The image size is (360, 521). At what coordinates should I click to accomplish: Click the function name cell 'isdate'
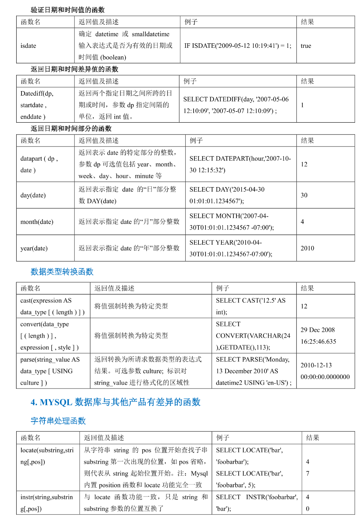pos(28,46)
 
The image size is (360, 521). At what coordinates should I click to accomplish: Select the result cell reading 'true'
pos(306,46)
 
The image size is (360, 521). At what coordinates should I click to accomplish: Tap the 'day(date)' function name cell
pos(33,195)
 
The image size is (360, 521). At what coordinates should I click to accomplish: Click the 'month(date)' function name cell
pos(37,222)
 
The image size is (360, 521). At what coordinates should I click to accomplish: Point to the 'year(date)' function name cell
pos(34,248)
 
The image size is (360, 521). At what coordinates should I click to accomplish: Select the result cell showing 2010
pos(307,248)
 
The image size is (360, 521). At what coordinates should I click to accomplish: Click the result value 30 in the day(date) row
pos(304,195)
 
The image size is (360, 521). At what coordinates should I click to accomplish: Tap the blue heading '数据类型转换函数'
pos(62,272)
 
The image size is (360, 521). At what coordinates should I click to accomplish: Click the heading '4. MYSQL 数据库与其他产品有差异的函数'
pos(115,402)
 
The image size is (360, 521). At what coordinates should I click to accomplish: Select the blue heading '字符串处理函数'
pos(58,421)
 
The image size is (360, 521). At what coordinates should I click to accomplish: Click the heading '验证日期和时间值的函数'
pos(67,10)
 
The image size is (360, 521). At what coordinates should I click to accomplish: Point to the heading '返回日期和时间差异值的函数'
pos(74,69)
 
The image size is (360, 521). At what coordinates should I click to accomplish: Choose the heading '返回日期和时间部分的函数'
pos(71,129)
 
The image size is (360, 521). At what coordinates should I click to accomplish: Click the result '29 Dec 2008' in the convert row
pos(317,330)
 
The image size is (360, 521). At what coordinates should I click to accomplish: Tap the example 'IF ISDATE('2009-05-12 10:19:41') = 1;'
pos(238,46)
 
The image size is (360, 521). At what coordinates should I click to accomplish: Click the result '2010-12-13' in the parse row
pos(316,366)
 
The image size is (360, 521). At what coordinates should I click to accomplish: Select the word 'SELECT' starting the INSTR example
pos(228,497)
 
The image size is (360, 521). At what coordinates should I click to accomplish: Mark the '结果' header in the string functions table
pos(313,438)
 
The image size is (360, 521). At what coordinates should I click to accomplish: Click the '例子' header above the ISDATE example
pos(191,22)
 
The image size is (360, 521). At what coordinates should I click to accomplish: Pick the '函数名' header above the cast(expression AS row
pos(31,288)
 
